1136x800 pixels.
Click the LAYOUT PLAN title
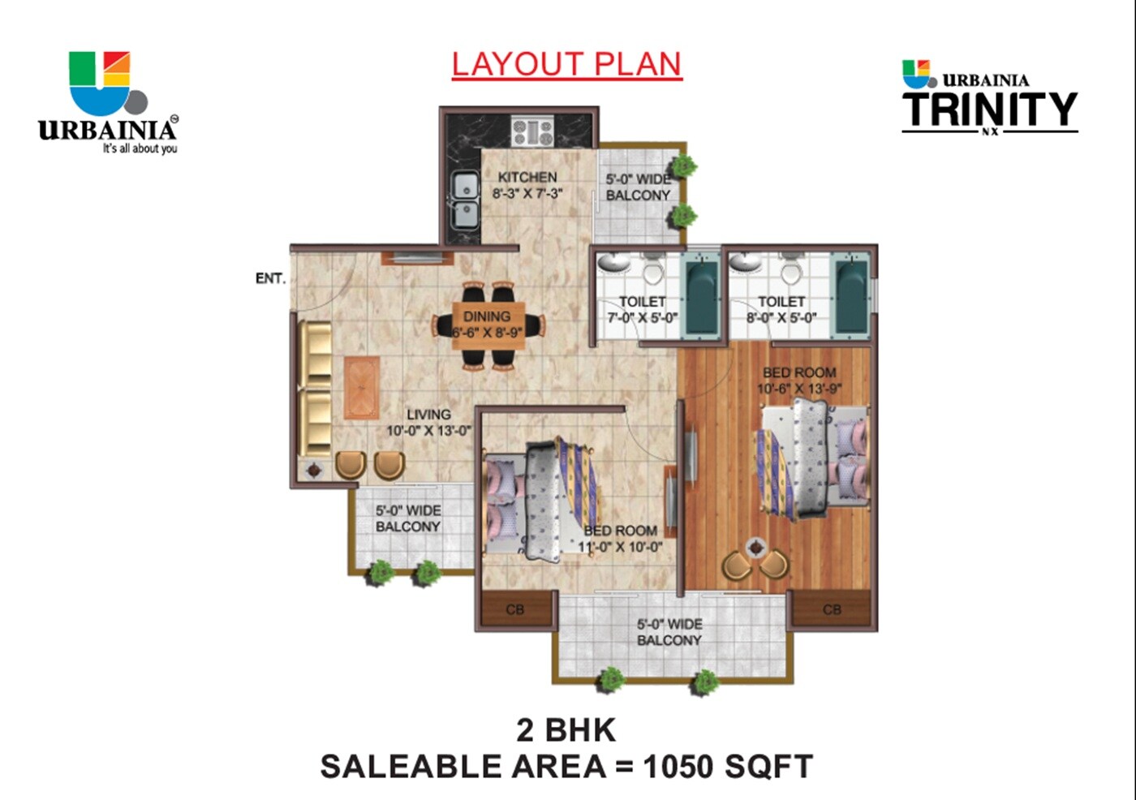coord(566,64)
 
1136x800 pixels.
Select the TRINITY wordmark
coord(989,110)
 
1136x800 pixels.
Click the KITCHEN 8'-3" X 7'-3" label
coord(527,185)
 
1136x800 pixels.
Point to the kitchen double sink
coord(464,200)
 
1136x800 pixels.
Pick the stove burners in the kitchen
coord(532,131)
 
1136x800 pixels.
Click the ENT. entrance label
coord(270,278)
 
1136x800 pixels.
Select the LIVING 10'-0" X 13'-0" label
coord(428,423)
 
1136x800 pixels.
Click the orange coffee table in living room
coord(361,388)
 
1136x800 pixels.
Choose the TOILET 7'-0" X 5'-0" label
coord(643,309)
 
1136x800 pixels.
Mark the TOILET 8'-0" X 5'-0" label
coord(781,309)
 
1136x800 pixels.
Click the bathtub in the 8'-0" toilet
coord(852,296)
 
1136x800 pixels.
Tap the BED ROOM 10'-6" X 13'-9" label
coord(799,381)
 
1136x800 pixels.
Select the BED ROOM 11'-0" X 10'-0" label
coord(621,539)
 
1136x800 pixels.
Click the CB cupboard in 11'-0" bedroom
coord(515,609)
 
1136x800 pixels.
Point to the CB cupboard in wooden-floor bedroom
coord(832,609)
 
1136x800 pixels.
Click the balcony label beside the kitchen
coord(639,187)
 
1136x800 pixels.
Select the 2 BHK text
coord(566,730)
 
